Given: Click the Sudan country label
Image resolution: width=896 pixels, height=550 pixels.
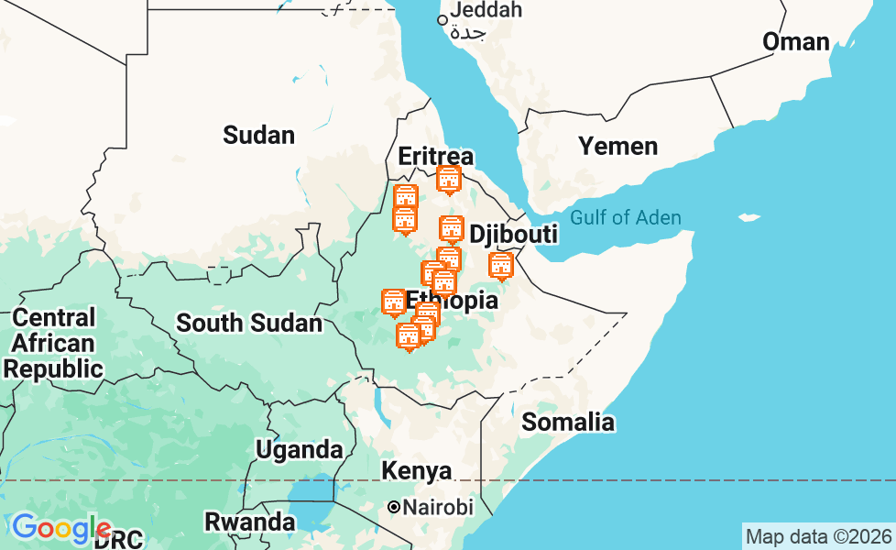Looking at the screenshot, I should pyautogui.click(x=258, y=136).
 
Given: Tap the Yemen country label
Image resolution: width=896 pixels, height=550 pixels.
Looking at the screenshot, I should pyautogui.click(x=617, y=147).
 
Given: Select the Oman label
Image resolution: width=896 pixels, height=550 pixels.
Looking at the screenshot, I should pyautogui.click(x=795, y=41).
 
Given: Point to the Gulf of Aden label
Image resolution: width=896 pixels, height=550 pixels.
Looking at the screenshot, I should pyautogui.click(x=625, y=217).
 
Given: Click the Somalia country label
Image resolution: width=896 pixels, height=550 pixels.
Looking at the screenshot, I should pyautogui.click(x=567, y=422).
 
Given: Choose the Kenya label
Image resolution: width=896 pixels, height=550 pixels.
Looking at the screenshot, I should pyautogui.click(x=417, y=471).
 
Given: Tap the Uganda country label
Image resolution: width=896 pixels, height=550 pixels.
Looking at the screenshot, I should pyautogui.click(x=299, y=450).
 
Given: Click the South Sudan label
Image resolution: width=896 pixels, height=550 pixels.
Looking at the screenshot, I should pyautogui.click(x=248, y=323).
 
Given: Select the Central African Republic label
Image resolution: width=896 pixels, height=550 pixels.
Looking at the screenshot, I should pyautogui.click(x=54, y=344).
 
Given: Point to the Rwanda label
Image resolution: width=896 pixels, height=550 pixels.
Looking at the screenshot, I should pyautogui.click(x=249, y=522).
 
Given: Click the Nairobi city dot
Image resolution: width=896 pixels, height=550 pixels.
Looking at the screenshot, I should pyautogui.click(x=394, y=507).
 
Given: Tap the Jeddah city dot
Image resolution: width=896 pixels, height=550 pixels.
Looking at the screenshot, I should pyautogui.click(x=442, y=19).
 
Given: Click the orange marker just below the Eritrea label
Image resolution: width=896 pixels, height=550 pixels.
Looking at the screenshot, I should pyautogui.click(x=448, y=180).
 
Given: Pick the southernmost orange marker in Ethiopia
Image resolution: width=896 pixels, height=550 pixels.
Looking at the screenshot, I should pyautogui.click(x=409, y=336).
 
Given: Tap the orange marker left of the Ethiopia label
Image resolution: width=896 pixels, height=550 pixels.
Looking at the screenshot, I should pyautogui.click(x=393, y=302).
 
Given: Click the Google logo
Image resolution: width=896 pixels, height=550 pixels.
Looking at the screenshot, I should pyautogui.click(x=60, y=528).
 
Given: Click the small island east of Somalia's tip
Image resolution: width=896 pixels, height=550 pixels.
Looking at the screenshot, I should pyautogui.click(x=749, y=218).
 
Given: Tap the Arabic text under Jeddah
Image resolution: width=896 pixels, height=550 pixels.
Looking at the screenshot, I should pyautogui.click(x=468, y=34).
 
